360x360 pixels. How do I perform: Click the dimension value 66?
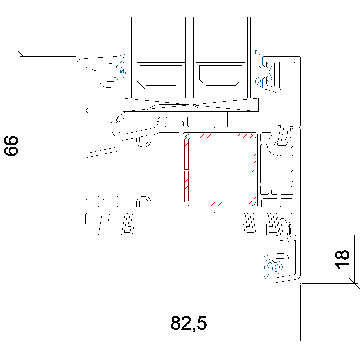click(11, 146)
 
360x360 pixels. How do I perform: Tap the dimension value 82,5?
click(189, 323)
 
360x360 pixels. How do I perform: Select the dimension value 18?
click(342, 259)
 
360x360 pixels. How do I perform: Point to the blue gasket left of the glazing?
click(121, 68)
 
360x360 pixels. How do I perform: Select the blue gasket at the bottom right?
click(273, 266)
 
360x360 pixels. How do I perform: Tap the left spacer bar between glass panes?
click(161, 76)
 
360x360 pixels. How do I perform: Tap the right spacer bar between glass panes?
click(220, 76)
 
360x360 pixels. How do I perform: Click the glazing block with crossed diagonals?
click(191, 105)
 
